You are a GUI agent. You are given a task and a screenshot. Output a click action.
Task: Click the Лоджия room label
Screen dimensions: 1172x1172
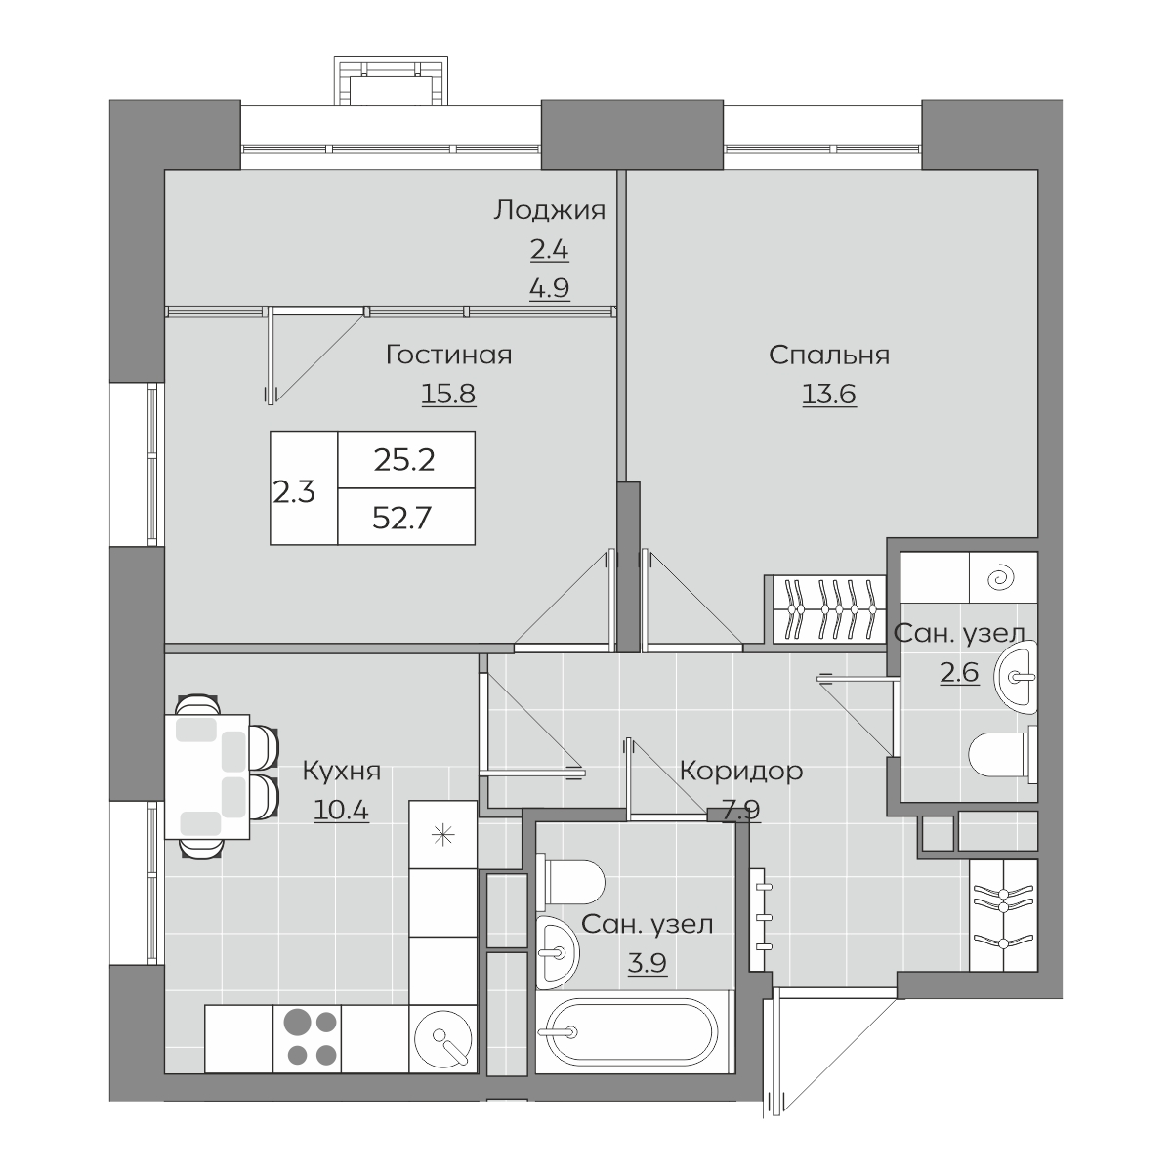(x=549, y=210)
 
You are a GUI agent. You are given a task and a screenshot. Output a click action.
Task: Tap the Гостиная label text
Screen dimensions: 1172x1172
(x=449, y=355)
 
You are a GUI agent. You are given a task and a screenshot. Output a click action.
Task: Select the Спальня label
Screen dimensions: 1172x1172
(x=829, y=356)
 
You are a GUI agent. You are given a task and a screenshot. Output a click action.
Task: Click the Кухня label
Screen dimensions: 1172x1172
(x=342, y=772)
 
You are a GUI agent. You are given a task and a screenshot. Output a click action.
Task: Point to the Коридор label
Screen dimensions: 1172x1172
(x=740, y=772)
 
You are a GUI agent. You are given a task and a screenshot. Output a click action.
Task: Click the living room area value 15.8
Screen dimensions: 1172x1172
(x=449, y=395)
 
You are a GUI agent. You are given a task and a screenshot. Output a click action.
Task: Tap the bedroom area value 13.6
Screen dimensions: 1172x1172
(x=829, y=395)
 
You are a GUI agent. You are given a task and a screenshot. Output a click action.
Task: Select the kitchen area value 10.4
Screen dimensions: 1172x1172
(x=341, y=810)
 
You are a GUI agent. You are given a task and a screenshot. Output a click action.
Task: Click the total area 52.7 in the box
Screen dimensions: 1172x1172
(x=402, y=519)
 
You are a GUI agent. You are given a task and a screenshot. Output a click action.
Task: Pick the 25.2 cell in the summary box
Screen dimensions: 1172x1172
(x=404, y=461)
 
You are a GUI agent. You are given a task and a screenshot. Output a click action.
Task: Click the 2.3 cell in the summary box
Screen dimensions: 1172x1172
(x=294, y=492)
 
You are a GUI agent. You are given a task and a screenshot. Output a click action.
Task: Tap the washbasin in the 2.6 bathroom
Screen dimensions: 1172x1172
(x=1016, y=676)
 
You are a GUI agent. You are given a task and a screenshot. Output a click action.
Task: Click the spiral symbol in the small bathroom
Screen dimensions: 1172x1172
(x=999, y=578)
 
